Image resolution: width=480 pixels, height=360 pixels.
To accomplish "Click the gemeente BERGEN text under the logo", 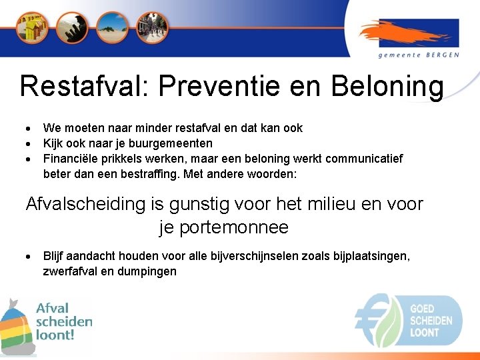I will click(x=419, y=55).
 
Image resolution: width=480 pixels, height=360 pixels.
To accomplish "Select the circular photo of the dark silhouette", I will click(x=71, y=27).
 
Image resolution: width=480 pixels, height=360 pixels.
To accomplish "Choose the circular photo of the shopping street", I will click(x=152, y=27).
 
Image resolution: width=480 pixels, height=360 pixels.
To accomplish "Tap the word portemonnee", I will click(x=224, y=227).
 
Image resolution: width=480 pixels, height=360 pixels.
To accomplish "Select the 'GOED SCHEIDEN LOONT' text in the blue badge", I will click(x=431, y=321).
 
